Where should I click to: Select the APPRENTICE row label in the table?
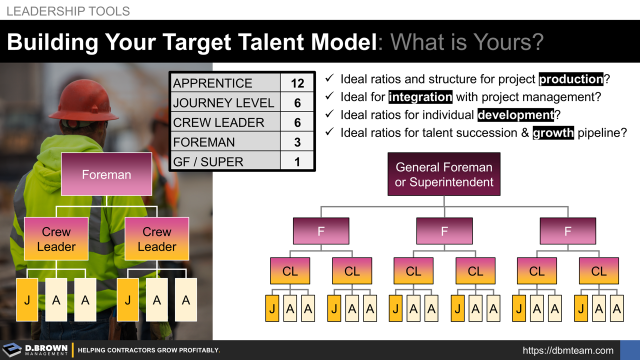[x=212, y=83]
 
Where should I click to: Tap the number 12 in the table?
[x=297, y=83]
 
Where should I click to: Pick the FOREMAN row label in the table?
[x=203, y=142]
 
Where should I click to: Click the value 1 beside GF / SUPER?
[x=297, y=162]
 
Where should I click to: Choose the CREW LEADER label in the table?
[x=218, y=122]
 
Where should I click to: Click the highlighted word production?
[x=571, y=79]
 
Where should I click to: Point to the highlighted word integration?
[x=420, y=97]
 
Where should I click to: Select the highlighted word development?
[x=515, y=115]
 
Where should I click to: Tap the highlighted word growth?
[x=553, y=133]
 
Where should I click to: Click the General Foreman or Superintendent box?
[x=444, y=174]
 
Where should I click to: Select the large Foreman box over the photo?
[x=106, y=174]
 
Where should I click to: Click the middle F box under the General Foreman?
[x=444, y=231]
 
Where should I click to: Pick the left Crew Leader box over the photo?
[x=56, y=239]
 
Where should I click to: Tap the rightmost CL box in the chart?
[x=598, y=271]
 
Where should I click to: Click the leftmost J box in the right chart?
[x=272, y=308]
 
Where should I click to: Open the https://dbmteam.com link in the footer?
[x=568, y=350]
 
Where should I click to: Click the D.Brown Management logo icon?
[x=11, y=350]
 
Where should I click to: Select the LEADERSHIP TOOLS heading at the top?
[x=68, y=11]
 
